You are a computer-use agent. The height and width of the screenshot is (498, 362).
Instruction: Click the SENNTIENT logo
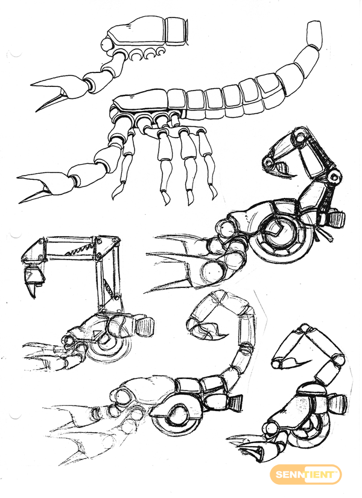305,475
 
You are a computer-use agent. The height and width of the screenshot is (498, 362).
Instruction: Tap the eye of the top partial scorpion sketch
106,44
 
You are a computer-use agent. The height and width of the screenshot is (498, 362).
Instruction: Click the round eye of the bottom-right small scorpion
272,427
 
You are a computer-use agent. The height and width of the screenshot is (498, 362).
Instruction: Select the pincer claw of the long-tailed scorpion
45,186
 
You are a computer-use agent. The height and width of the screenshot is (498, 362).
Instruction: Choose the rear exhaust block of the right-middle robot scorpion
337,219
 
